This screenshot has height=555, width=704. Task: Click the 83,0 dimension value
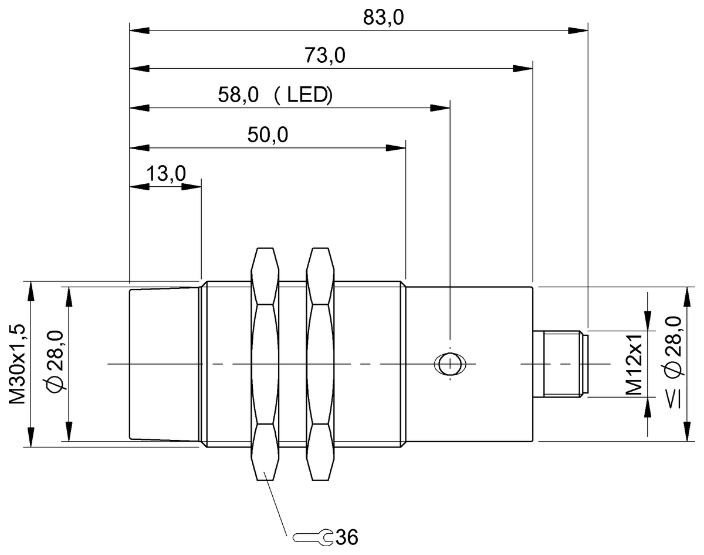point(383,18)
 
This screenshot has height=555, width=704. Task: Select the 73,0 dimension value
point(324,55)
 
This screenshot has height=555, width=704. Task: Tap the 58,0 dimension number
point(238,95)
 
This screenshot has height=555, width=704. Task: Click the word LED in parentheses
point(307,95)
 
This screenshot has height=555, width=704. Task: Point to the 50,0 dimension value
point(268,134)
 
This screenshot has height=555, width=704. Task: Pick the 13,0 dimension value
point(166,173)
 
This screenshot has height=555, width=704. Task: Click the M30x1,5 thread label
point(17,364)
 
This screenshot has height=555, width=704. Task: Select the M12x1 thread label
point(634,364)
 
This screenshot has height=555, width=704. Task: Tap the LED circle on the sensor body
point(450,364)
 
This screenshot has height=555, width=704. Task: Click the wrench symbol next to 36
point(313,537)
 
